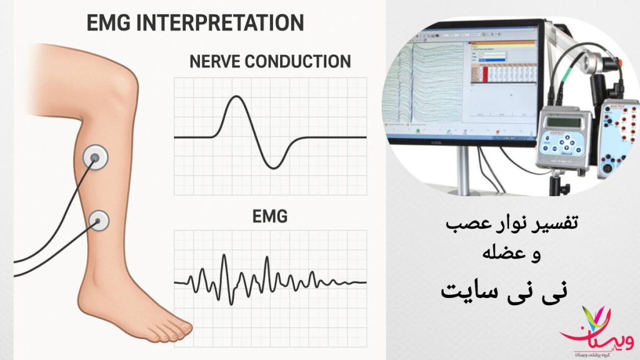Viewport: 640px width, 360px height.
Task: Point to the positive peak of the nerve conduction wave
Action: [x=236, y=97]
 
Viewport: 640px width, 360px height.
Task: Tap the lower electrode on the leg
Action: [x=99, y=219]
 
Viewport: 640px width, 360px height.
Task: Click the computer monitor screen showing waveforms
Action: [x=462, y=81]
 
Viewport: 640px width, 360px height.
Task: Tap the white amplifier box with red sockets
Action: [x=616, y=137]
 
